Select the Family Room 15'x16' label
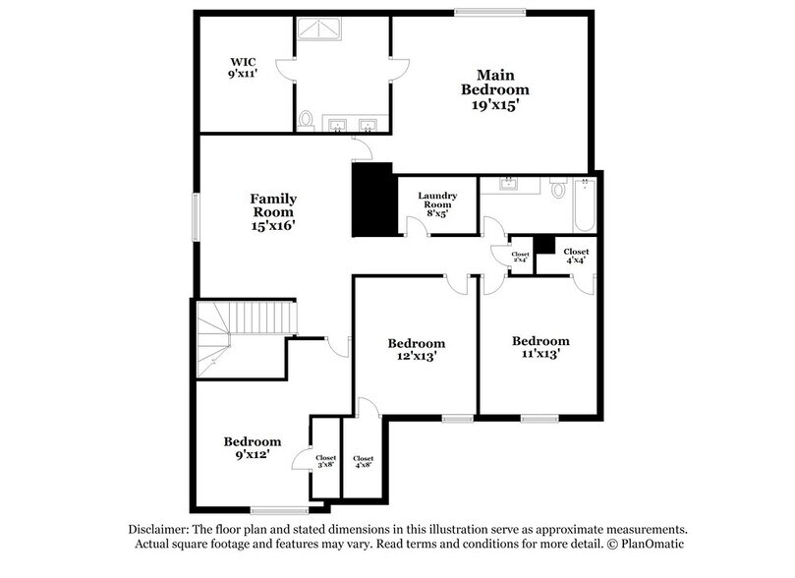click(x=272, y=211)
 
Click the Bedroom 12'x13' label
click(x=416, y=350)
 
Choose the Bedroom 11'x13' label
click(x=540, y=347)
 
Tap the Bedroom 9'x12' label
click(x=252, y=448)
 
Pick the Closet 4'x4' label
click(x=576, y=256)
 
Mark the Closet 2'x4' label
click(x=520, y=257)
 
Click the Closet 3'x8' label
click(x=325, y=462)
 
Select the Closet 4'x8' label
click(x=363, y=463)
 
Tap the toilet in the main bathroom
click(x=306, y=120)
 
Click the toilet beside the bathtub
click(x=557, y=188)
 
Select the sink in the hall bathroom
click(x=510, y=184)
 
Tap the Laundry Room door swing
click(x=415, y=226)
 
